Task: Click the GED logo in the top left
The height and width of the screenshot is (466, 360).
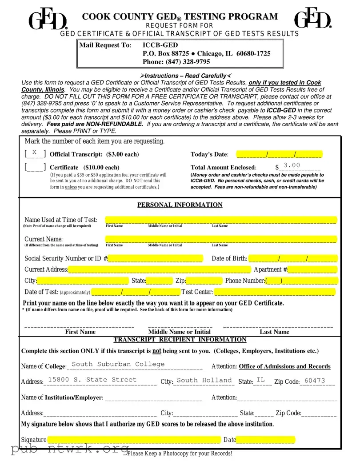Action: click(48, 20)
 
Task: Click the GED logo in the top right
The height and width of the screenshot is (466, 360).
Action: click(313, 20)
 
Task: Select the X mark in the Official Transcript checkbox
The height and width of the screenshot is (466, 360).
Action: click(35, 153)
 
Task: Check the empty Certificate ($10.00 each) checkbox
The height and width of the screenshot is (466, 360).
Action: click(36, 167)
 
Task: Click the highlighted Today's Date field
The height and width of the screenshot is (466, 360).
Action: click(279, 154)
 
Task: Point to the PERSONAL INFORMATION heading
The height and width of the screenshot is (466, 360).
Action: click(180, 205)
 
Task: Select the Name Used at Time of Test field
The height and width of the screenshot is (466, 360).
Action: click(221, 220)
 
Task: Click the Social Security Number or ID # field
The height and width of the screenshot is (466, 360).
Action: click(155, 258)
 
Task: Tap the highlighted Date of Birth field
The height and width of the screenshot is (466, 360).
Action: click(292, 258)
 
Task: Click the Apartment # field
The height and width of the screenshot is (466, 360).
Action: click(312, 269)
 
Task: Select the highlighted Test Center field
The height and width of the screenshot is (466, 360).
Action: click(274, 292)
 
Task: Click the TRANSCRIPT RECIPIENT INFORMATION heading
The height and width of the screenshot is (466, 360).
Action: click(180, 340)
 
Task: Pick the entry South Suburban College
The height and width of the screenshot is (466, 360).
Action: click(118, 364)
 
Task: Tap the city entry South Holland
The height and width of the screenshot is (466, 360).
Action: click(204, 380)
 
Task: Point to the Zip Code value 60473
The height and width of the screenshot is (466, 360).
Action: click(315, 381)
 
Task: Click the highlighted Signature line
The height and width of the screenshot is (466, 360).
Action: click(134, 440)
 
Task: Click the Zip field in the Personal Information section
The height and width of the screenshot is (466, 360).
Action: click(204, 281)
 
